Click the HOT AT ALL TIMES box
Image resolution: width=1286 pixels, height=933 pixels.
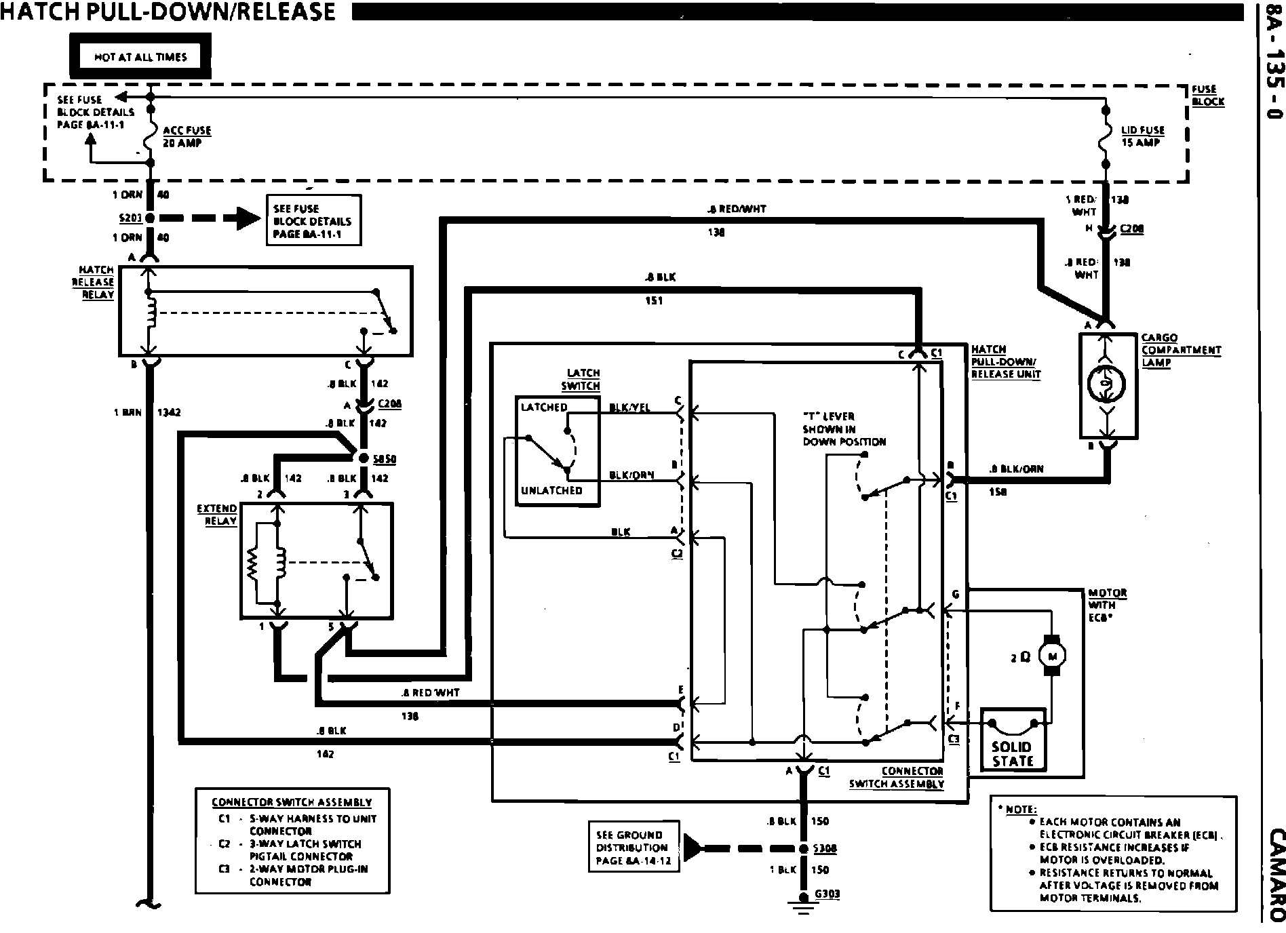[x=140, y=57]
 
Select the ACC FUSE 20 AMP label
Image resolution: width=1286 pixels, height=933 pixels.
[x=187, y=136]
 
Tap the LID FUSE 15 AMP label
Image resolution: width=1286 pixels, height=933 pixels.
[x=1143, y=136]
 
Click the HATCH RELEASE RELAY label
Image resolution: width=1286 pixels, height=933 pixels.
[x=94, y=282]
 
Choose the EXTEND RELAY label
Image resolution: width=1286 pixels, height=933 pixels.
[x=217, y=515]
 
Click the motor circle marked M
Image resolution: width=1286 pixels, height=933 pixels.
[x=1053, y=655]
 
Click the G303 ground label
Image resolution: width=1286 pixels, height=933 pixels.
[x=827, y=894]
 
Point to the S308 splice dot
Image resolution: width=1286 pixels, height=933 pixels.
[x=803, y=848]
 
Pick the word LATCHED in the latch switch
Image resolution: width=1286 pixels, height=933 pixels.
[x=543, y=407]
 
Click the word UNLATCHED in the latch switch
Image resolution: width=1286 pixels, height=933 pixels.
[x=551, y=490]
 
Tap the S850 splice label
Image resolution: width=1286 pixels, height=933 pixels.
[x=385, y=459]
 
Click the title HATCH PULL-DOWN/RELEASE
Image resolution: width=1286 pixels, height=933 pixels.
[x=168, y=12]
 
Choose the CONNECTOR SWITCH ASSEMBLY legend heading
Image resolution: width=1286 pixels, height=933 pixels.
[x=292, y=802]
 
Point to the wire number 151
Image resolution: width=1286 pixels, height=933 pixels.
[x=653, y=300]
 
